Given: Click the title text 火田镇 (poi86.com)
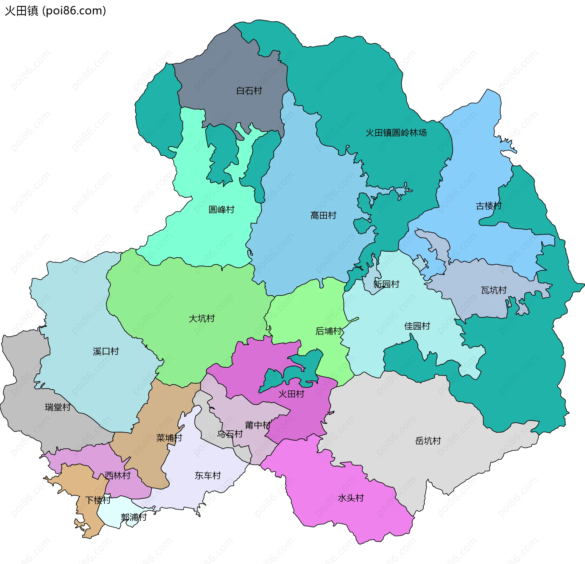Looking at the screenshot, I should tap(55, 11).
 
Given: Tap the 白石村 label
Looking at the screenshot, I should tap(249, 91).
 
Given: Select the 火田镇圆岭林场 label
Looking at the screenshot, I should tap(396, 133).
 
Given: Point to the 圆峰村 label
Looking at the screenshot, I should tap(221, 209).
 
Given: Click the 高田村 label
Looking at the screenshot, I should tap(323, 216).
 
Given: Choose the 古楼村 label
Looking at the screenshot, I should tap(488, 206).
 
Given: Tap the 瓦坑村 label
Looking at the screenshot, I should tap(493, 290).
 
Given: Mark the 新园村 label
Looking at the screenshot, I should tap(386, 284).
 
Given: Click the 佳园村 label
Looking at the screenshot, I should tap(417, 326).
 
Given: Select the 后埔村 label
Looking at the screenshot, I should tap(328, 331).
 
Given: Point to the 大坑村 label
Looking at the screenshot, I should tap(201, 319).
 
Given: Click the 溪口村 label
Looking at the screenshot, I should tap(105, 351).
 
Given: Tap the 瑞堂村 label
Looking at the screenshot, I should tap(57, 407).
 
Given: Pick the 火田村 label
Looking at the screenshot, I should tap(291, 394).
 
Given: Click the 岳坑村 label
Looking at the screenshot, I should tap(428, 441).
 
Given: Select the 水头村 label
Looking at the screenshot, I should tap(350, 498).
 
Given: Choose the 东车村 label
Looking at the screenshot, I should tap(207, 475).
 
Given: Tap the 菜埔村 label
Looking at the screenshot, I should tap(169, 438).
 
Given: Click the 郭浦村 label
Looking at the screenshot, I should tap(133, 517).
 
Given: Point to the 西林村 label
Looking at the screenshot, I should tap(117, 475).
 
